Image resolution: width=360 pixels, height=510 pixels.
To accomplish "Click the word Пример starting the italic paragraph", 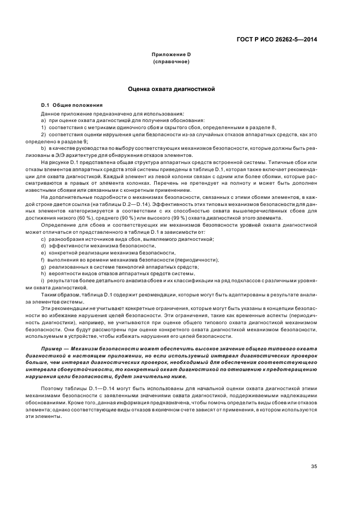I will click(52, 348).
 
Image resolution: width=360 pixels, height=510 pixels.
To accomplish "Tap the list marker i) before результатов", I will click(42, 280).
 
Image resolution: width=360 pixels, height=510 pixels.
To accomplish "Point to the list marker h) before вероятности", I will click(43, 274).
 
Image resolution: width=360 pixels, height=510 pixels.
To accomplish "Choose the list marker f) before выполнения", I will click(42, 260).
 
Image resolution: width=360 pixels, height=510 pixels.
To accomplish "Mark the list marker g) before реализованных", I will click(43, 267).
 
